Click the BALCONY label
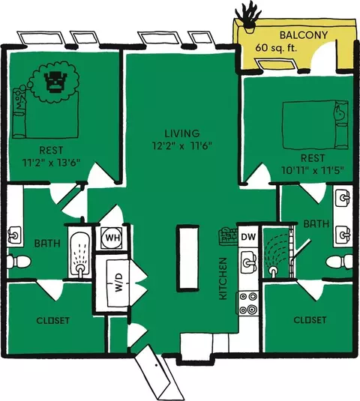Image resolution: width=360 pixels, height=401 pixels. pos(304,35)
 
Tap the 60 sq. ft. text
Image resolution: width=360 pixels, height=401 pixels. pos(276,48)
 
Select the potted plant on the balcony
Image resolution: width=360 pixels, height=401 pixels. pos(248,19)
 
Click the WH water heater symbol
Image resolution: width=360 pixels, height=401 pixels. pos(112,238)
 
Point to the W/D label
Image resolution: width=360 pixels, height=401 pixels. pos(118,282)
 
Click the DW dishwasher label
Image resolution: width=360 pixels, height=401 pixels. pos(248,237)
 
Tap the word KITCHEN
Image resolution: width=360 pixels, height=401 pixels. pos(223,279)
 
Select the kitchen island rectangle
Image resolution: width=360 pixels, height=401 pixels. pos(187,258)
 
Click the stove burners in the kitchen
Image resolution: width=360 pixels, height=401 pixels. pos(247,304)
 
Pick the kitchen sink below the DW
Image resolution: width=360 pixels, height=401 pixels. pos(248,262)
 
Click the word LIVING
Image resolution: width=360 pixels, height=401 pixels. pos(182,133)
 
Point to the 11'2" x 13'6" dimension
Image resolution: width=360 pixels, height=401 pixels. pos(51,163)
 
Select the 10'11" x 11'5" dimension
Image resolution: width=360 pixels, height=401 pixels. pos(313,170)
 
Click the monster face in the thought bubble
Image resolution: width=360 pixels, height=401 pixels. pos(55,82)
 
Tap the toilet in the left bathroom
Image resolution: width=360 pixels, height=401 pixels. pos(19,262)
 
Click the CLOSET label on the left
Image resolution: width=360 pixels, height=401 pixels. pos(53,321)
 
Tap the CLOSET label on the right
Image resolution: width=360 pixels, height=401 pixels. pos(310,320)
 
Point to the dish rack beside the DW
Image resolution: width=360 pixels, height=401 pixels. pos(228,236)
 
